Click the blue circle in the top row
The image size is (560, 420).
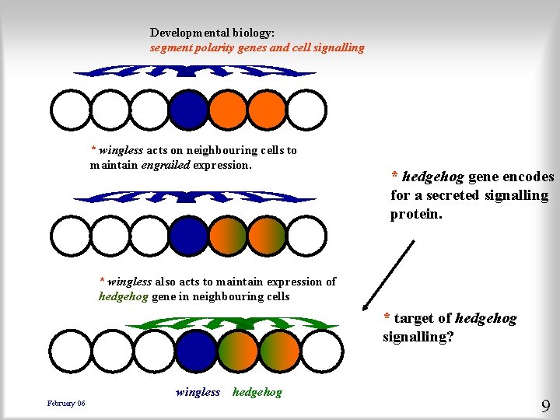(188, 110)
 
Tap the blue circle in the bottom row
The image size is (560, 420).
(198, 351)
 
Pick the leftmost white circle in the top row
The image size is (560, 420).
(70, 110)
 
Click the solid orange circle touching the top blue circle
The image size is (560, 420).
(228, 110)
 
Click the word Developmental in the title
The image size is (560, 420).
(187, 33)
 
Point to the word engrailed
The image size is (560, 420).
(165, 165)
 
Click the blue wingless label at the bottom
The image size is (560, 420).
(198, 392)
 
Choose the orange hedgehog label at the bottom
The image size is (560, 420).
(257, 392)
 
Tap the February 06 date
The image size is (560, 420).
(66, 403)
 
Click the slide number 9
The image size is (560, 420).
(545, 405)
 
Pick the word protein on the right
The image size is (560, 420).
(416, 213)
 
